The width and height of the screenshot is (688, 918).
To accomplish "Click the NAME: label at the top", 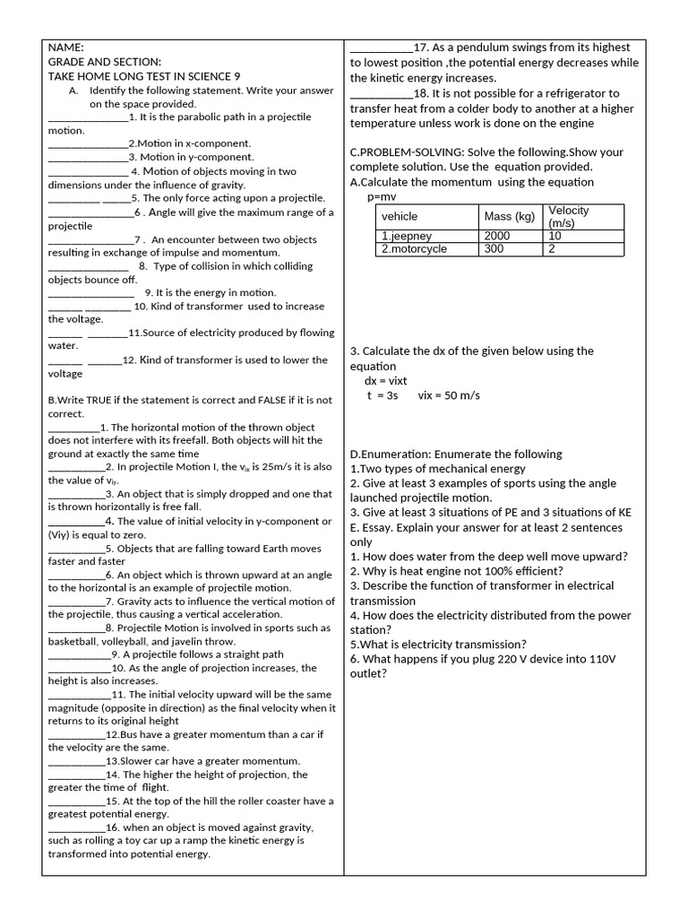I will pos(66,48).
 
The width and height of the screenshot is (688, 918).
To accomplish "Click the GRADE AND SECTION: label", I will pos(105,62).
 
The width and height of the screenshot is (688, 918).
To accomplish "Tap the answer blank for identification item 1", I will pos(88,117).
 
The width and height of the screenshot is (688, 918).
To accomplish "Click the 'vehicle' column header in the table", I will pos(400,217).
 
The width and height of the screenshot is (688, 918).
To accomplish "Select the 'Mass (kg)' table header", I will pos(509,217).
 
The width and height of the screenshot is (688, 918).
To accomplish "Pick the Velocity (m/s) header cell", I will pos(569,217).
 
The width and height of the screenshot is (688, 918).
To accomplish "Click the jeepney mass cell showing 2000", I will pos(496,236).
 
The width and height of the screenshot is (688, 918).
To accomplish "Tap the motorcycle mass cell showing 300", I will pos(494,249).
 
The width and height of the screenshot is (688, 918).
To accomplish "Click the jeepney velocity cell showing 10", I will pos(555,236).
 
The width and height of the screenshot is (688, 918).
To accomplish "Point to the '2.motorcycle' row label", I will pos(414,249).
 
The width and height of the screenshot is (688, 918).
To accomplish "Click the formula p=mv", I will pos(382,196).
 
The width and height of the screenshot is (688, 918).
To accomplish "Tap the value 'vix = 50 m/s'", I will pos(451,395).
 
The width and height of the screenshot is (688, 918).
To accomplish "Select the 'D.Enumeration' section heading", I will pos(391,455).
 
